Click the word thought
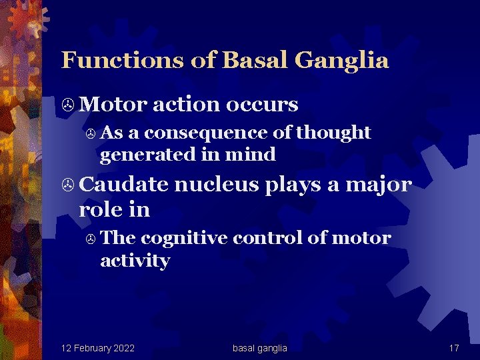[x=333, y=133]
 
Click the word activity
[x=135, y=261]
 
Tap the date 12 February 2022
[x=97, y=348]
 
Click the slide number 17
[x=454, y=348]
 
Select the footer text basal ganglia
[x=259, y=348]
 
